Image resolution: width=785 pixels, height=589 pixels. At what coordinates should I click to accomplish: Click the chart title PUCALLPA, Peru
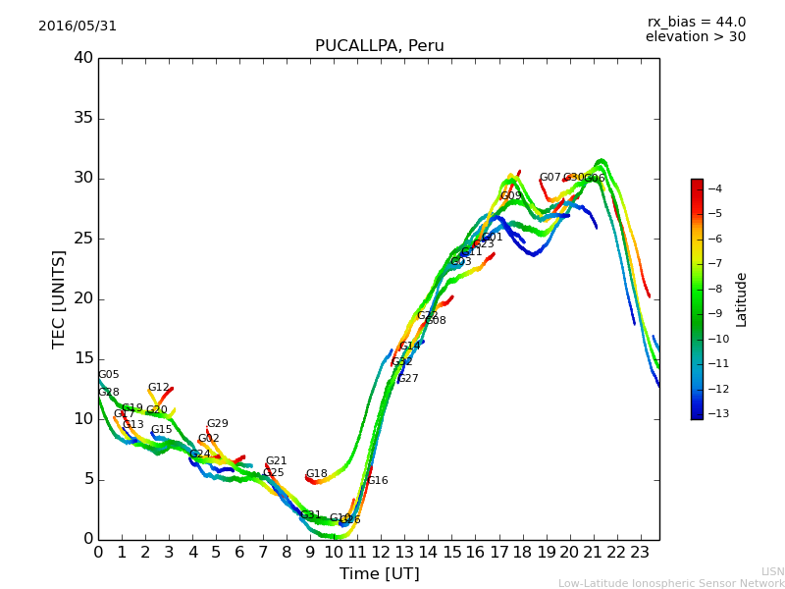point(379,46)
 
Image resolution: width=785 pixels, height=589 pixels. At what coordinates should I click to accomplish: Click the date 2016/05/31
point(78,27)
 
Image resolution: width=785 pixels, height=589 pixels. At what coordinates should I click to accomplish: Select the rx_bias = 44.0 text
point(696,23)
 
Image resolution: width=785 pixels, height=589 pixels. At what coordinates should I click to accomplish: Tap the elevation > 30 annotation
point(695,37)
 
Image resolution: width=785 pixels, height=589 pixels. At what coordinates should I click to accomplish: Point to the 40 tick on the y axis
point(83,58)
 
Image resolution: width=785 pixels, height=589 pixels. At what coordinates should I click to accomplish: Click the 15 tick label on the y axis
point(83,359)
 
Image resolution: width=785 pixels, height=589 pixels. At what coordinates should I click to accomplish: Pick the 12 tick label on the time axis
point(381,553)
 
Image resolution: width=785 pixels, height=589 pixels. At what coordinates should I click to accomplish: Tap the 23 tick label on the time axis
point(641,553)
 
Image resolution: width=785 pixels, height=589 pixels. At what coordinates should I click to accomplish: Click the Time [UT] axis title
point(379,573)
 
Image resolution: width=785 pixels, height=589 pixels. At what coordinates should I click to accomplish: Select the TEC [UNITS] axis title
point(59,298)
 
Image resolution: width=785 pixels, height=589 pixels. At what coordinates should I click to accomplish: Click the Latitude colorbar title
point(742,298)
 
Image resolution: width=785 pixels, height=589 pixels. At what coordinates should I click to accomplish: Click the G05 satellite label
point(109,375)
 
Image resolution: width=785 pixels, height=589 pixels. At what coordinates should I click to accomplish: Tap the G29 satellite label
point(217,424)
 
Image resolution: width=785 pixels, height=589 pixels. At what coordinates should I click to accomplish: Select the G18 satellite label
point(316,474)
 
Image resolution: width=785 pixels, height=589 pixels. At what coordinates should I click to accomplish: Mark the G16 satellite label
point(377,481)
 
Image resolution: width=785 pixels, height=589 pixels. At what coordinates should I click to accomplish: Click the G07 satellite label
point(549,178)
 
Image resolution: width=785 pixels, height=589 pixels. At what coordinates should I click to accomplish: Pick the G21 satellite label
point(276,461)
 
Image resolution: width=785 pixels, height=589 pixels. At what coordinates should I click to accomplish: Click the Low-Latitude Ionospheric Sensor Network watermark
point(671,584)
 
